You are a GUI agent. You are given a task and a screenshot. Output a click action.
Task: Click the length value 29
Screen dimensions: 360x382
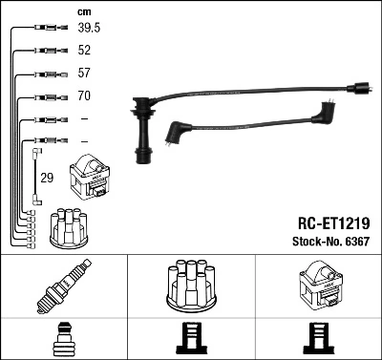coord(47,177)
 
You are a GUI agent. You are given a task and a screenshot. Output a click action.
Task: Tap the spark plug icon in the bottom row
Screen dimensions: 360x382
coord(63,286)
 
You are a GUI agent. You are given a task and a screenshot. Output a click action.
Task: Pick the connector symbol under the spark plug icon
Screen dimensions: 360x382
coord(63,339)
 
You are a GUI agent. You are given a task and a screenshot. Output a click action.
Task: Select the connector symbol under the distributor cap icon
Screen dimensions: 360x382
coord(191,339)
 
